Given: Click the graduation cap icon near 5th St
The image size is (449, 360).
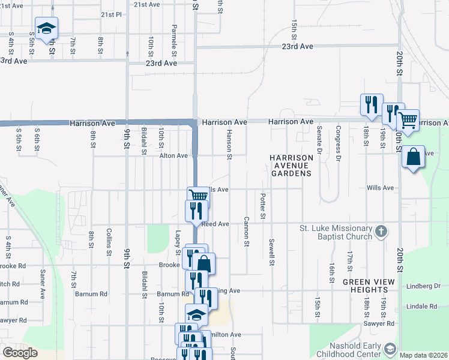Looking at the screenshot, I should tap(46, 28).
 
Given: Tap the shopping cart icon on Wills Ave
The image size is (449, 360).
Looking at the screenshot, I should tap(197, 196).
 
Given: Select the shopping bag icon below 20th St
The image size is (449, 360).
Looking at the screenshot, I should tap(413, 157).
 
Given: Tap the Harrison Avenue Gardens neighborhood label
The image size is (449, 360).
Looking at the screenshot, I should tap(291, 165).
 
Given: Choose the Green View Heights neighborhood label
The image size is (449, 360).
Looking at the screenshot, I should tap(369, 286).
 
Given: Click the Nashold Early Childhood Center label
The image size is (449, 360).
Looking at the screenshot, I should tap(355, 350).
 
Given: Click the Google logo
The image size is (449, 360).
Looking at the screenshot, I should tap(20, 353).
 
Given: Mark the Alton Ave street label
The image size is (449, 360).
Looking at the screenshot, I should tap(173, 155).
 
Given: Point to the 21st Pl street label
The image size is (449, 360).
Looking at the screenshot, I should tap(111, 14).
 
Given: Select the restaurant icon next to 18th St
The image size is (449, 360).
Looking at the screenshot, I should tap(370, 104).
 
